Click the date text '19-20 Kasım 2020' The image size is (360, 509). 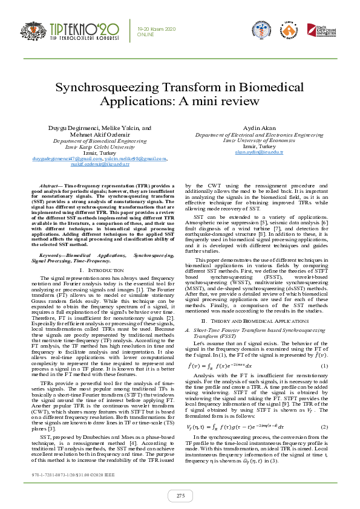click(x=155, y=28)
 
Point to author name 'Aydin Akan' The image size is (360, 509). click(x=258, y=128)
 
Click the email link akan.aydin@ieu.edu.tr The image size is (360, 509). click(x=258, y=152)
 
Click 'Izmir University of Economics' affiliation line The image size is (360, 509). click(x=258, y=140)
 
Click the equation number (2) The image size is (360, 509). click(x=324, y=410)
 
